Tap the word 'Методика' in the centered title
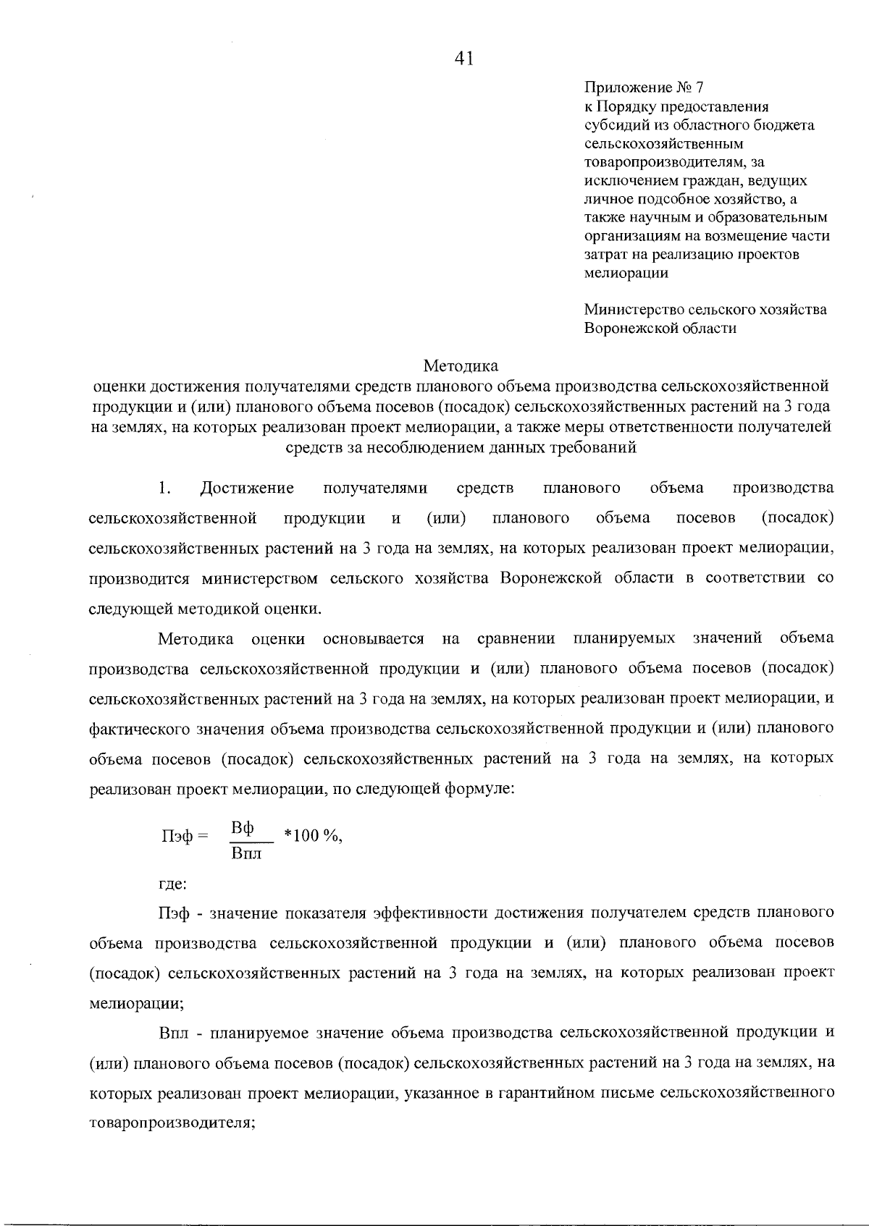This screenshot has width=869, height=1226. pyautogui.click(x=461, y=365)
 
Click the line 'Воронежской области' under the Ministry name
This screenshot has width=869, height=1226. pyautogui.click(x=660, y=328)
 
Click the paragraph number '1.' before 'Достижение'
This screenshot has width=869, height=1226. pyautogui.click(x=164, y=488)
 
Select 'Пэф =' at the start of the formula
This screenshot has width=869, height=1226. pyautogui.click(x=184, y=836)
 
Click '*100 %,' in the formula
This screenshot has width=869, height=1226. pyautogui.click(x=313, y=836)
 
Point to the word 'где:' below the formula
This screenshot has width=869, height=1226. pyautogui.click(x=173, y=884)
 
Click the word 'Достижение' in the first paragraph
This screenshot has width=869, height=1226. pyautogui.click(x=247, y=488)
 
